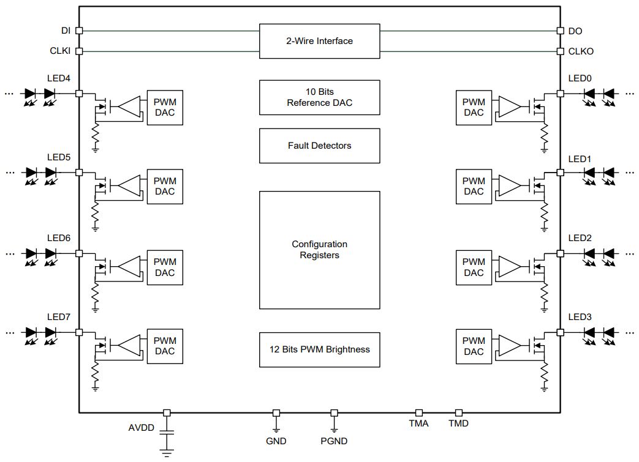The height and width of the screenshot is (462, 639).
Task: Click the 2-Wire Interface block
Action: pos(319,41)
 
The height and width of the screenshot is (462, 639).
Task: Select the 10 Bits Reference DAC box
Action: pos(319,97)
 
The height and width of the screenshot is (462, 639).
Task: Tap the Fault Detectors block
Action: pos(319,146)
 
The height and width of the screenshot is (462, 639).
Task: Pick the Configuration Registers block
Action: pos(319,250)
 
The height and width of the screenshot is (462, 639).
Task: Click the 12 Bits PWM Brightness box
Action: pos(319,349)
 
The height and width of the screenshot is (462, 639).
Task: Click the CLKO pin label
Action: pos(581,51)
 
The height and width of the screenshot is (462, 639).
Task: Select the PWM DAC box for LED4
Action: pos(165,108)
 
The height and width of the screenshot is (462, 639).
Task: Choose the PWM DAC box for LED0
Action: pos(474,108)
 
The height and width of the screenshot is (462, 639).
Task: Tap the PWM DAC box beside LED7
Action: pos(165,346)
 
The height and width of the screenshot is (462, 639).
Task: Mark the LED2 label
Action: pos(580,238)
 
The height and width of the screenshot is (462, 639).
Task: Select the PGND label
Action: pos(334,441)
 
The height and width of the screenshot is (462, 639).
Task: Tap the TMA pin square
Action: pos(419,413)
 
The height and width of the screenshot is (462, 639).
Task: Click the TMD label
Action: pos(458,423)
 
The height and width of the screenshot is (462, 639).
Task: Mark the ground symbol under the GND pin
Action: pos(276,428)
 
